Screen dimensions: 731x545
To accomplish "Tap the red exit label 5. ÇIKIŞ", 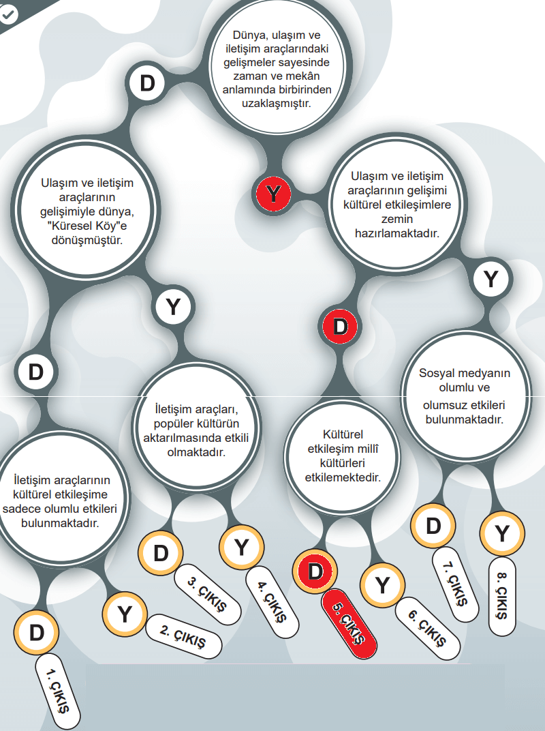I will [x=349, y=621].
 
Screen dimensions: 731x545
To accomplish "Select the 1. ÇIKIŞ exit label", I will [x=59, y=691].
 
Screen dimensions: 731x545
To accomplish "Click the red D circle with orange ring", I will [x=314, y=570].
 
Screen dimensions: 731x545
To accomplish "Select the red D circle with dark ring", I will [x=340, y=326].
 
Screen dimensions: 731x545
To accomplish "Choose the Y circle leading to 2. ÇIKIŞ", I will [x=124, y=614].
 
